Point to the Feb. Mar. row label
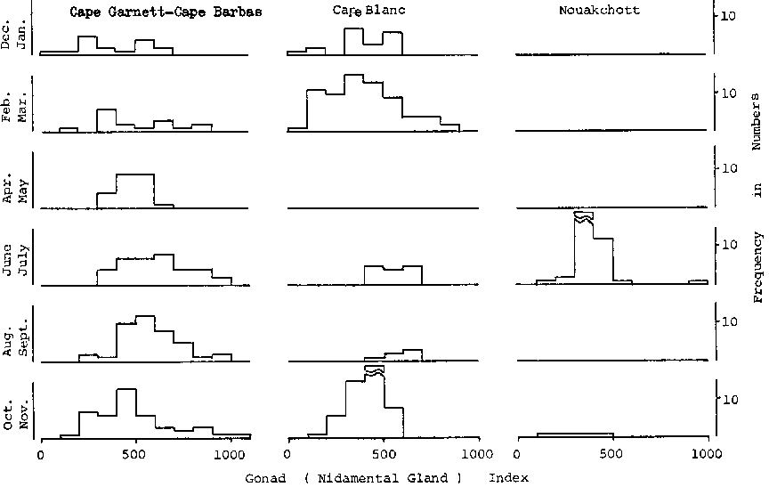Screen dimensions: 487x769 click(x=14, y=111)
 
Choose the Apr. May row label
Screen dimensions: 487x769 click(x=14, y=187)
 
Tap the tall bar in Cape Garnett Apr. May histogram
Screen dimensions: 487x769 click(x=135, y=191)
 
